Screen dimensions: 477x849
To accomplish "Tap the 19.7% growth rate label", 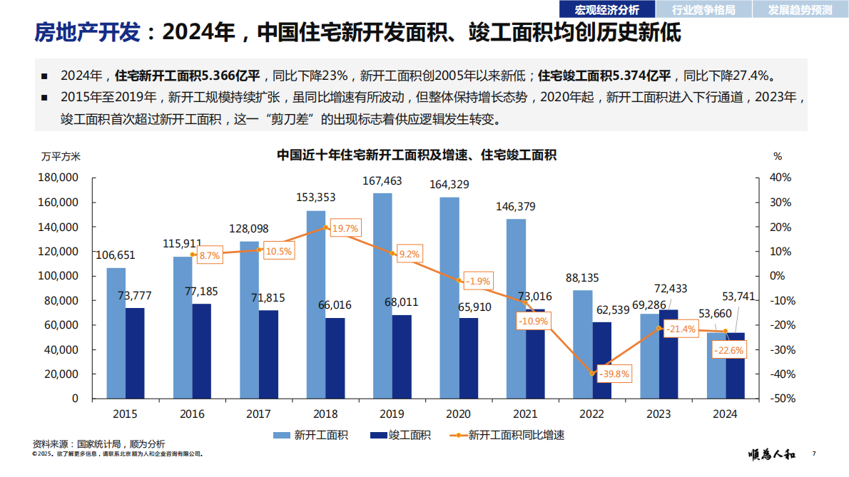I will click(x=345, y=229).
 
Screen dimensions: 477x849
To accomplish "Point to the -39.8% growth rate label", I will click(x=614, y=374).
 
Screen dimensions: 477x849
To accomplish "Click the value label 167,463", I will click(x=382, y=181).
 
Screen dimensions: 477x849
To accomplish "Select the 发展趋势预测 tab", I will click(x=800, y=9).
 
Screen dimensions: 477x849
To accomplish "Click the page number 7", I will click(x=813, y=454).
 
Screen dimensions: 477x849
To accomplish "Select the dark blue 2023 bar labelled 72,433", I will click(x=668, y=354).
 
